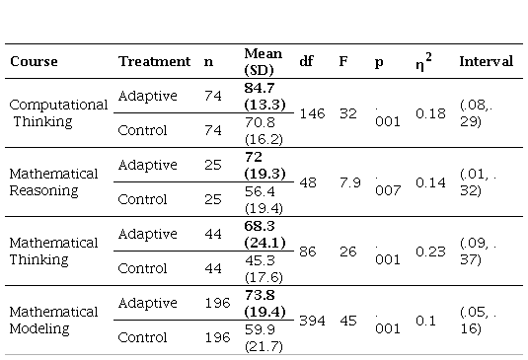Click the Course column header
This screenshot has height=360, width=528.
(34, 61)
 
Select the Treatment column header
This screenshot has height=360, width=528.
(154, 61)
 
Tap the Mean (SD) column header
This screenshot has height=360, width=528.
(263, 61)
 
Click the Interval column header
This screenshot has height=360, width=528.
(487, 61)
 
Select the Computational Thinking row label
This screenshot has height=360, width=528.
(58, 113)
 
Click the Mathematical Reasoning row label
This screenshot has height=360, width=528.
(53, 182)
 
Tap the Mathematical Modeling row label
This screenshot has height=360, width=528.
(53, 320)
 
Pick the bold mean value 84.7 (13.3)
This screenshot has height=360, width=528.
(265, 96)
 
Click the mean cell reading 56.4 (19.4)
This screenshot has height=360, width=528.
(264, 199)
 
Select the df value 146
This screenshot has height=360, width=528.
(312, 113)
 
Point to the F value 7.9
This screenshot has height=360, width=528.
(350, 182)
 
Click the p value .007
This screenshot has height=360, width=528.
(388, 185)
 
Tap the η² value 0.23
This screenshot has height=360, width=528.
(430, 252)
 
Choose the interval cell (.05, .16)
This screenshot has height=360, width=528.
(479, 320)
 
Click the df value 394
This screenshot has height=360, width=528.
(312, 321)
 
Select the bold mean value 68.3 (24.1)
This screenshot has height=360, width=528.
(265, 234)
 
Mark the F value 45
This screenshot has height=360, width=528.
(348, 321)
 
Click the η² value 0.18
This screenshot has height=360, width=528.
(430, 113)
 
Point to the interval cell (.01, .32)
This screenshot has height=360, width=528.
(479, 182)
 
